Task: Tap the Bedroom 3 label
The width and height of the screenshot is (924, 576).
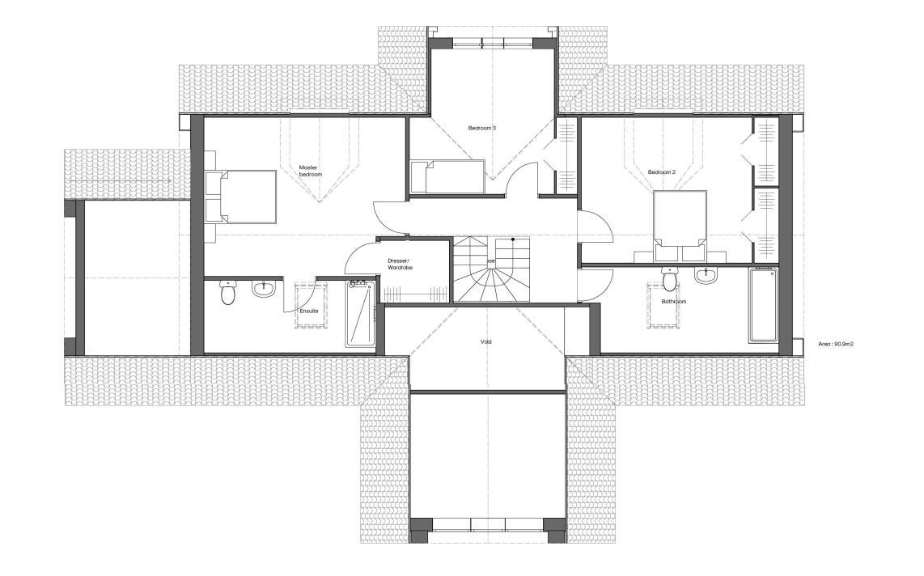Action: click(481, 128)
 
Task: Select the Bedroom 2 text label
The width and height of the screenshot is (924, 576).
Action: click(661, 172)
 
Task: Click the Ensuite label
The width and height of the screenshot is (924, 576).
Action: click(309, 311)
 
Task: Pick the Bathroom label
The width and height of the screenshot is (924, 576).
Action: click(673, 302)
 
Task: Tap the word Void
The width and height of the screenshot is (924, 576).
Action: click(485, 341)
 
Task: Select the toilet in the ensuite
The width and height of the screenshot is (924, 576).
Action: click(228, 294)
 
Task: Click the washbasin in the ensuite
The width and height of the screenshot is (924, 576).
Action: click(264, 287)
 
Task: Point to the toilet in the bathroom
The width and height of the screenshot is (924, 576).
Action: click(668, 279)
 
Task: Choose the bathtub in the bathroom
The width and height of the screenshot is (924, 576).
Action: click(764, 305)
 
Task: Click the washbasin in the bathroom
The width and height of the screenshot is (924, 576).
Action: click(706, 276)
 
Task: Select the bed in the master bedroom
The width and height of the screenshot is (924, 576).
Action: click(246, 196)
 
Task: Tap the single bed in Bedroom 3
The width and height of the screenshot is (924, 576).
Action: click(447, 176)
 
